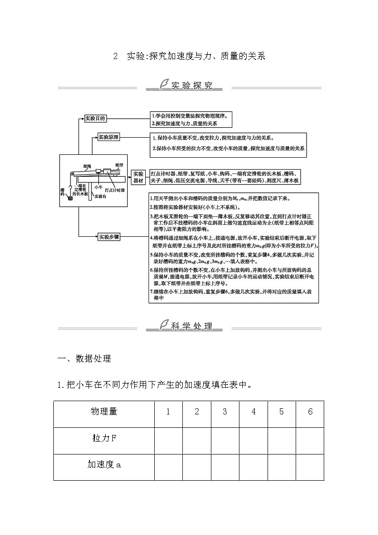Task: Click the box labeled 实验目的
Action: (x=95, y=119)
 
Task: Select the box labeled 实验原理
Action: (x=109, y=138)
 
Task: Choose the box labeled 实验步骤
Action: (x=109, y=236)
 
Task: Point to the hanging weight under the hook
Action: (x=70, y=197)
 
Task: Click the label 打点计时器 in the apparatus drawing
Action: (x=116, y=190)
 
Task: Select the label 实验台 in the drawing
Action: (x=100, y=196)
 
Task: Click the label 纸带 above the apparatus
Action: (x=119, y=164)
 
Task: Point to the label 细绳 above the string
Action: (x=87, y=166)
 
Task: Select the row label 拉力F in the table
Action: (x=104, y=439)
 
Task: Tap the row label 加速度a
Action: (x=104, y=465)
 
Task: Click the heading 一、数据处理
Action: (x=84, y=358)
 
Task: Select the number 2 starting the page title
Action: (x=115, y=56)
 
